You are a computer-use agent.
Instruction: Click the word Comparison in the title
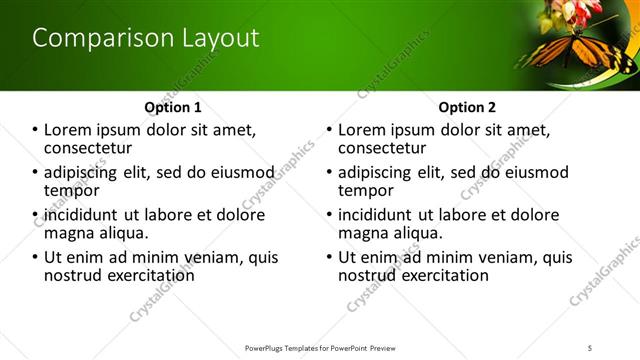tap(91, 39)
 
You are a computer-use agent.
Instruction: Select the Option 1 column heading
tap(173, 107)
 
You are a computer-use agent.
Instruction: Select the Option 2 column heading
tap(467, 107)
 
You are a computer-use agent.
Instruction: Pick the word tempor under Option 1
tap(71, 190)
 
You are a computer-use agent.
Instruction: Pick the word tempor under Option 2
tap(365, 190)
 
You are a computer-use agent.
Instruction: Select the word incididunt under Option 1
tap(81, 215)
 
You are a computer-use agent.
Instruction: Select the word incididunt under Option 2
tap(375, 215)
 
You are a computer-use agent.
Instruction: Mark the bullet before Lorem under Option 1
tap(36, 130)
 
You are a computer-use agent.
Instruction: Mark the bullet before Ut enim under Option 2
tap(330, 257)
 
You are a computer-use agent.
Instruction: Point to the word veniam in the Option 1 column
tap(218, 257)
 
